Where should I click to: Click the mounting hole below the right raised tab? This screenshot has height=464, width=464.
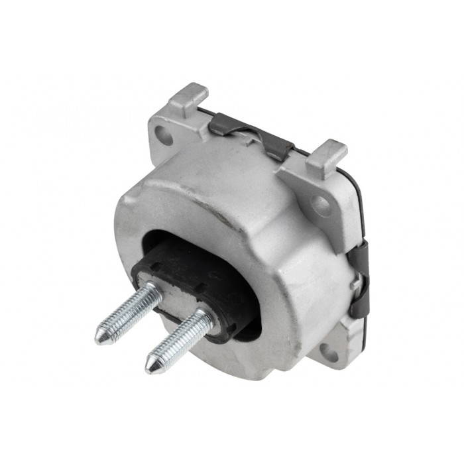point(321,205)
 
